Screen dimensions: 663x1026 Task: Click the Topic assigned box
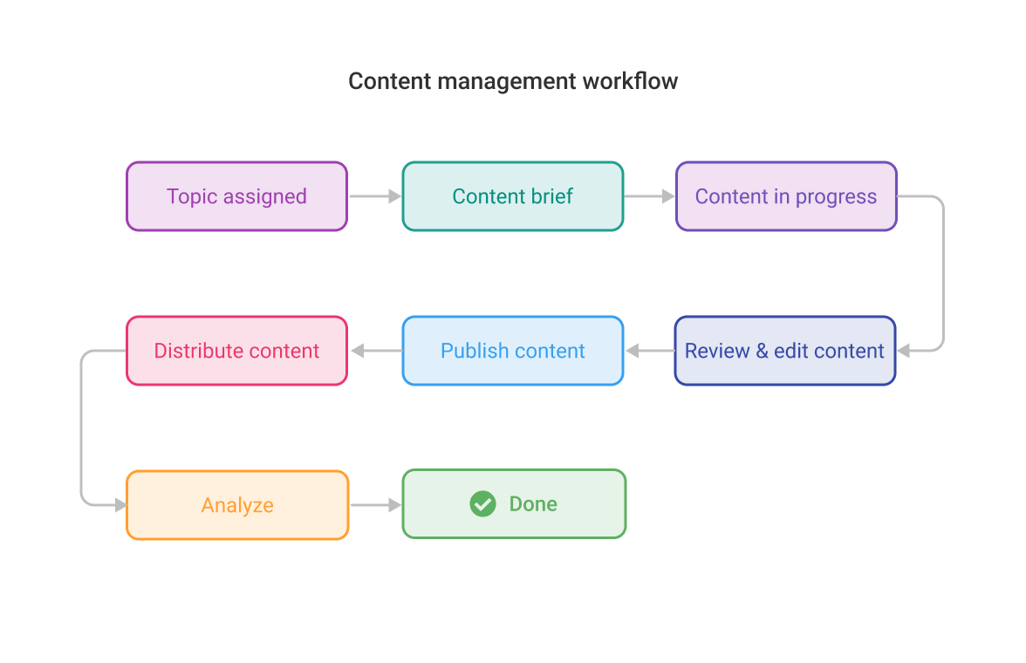(236, 196)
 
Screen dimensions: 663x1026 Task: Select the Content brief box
(513, 196)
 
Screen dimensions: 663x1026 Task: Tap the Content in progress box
(786, 196)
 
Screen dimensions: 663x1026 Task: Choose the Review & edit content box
(784, 351)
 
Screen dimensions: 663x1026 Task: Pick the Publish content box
(513, 351)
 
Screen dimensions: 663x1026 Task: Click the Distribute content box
(236, 351)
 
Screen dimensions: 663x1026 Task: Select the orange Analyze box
(237, 505)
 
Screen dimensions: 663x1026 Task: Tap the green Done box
(514, 504)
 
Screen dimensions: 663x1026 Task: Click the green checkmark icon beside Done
(482, 504)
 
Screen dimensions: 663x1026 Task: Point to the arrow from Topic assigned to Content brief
(374, 197)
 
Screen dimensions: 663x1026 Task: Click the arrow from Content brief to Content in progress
(649, 197)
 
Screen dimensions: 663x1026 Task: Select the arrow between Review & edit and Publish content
(649, 351)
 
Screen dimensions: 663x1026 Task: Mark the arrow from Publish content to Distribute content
(375, 351)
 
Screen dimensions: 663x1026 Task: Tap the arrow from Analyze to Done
(375, 505)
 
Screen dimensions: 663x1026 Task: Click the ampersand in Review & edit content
(762, 352)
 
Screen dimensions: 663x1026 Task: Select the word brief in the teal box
(552, 196)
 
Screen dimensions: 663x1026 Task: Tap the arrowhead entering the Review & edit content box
(904, 351)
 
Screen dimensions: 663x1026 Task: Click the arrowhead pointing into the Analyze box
(120, 505)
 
